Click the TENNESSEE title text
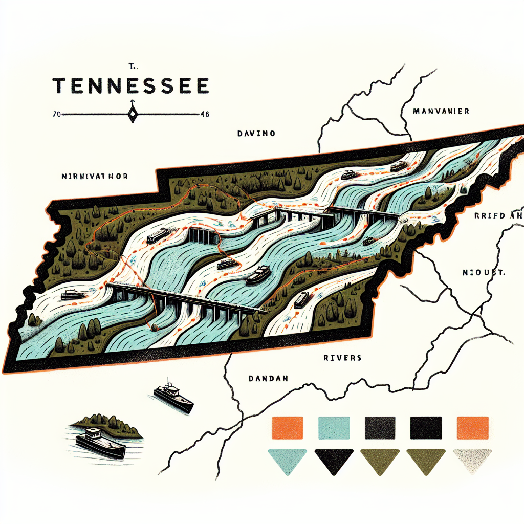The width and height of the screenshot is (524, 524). pyautogui.click(x=131, y=85)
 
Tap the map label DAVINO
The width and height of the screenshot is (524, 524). pyautogui.click(x=256, y=134)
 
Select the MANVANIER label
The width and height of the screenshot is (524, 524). pyautogui.click(x=442, y=111)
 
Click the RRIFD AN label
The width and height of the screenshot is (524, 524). pyautogui.click(x=496, y=216)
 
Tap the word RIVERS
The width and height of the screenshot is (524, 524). pyautogui.click(x=342, y=358)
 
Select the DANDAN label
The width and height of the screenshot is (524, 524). pyautogui.click(x=268, y=379)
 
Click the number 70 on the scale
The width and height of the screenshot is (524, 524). pyautogui.click(x=56, y=114)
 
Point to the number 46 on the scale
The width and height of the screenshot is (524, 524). pyautogui.click(x=205, y=114)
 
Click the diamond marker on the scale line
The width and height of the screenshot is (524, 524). pyautogui.click(x=133, y=114)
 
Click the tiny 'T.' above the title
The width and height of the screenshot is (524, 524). pyautogui.click(x=132, y=66)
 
